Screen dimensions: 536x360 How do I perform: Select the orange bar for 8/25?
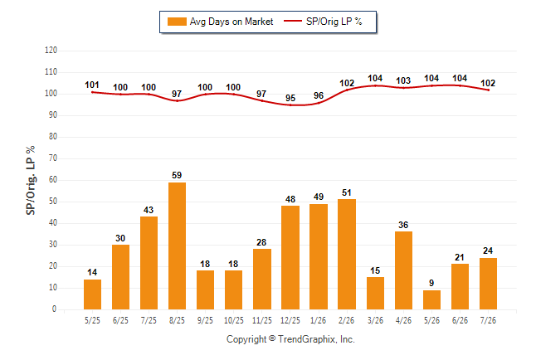tap(177, 246)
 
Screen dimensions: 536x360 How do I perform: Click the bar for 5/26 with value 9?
tap(431, 299)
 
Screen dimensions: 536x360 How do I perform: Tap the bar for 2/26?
tap(347, 254)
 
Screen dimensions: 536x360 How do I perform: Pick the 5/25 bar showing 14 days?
tap(92, 294)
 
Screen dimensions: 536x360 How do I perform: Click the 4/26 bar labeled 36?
tap(403, 270)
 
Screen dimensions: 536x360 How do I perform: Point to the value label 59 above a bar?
tap(177, 175)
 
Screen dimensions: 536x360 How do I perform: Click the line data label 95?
tap(290, 98)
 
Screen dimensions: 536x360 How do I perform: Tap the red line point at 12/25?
tap(290, 105)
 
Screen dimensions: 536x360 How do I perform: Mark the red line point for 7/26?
tap(488, 90)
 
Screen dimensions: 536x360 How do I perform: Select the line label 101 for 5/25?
tap(92, 85)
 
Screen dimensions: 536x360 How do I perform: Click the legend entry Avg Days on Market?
tap(220, 22)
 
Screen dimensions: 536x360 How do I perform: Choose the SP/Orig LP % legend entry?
tap(323, 22)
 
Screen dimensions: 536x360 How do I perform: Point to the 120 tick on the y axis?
tap(51, 51)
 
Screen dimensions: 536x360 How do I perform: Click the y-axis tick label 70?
tap(52, 158)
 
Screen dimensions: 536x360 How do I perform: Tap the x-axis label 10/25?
tap(234, 320)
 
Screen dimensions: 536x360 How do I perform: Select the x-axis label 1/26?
tap(319, 320)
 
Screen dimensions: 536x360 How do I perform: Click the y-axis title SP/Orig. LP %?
tap(31, 180)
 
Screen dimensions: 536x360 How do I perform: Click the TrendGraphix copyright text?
tap(290, 339)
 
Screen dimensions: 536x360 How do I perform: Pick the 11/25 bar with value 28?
tap(262, 279)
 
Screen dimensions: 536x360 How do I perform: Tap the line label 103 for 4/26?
tap(403, 80)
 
